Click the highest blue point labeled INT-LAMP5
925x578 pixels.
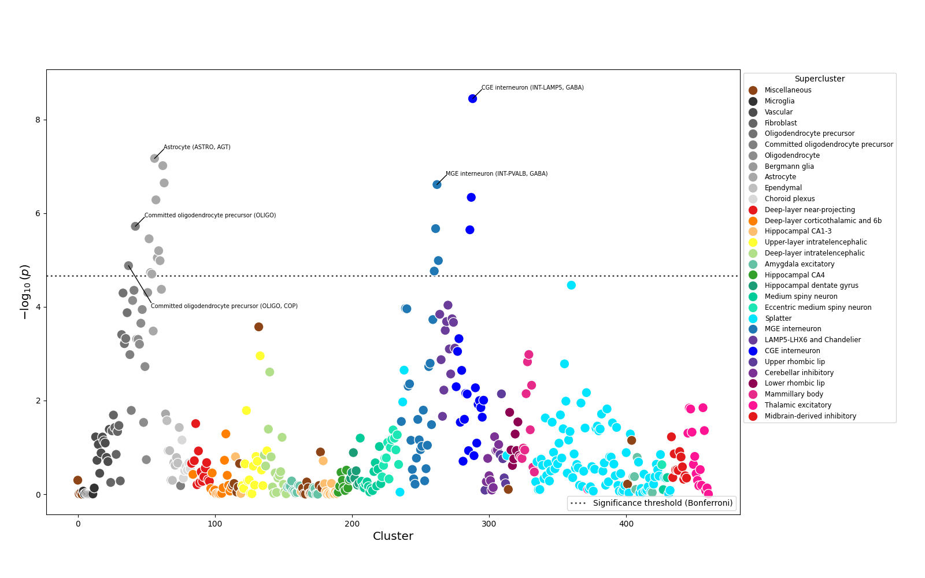472,99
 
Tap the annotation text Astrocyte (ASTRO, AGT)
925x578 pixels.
197,147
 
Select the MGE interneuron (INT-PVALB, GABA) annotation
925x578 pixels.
496,174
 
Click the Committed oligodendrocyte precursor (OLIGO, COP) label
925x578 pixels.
224,306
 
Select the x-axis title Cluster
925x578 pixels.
393,536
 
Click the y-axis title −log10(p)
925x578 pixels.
25,292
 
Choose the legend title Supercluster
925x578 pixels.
819,79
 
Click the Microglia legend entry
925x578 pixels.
779,101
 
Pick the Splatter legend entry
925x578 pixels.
778,318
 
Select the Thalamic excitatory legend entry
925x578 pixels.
798,405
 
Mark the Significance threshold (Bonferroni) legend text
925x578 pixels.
663,503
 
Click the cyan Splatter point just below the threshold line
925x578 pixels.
571,285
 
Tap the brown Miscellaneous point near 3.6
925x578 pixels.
258,327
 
